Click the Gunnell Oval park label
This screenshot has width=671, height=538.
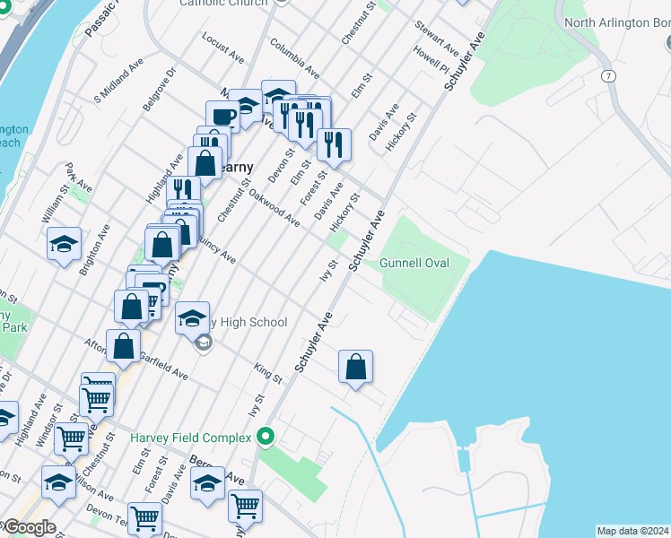click(413, 263)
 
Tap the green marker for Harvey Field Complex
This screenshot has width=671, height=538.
click(265, 438)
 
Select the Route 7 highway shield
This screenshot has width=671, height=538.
click(609, 76)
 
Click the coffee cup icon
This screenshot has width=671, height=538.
click(222, 117)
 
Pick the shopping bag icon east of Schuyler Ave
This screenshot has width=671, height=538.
click(356, 366)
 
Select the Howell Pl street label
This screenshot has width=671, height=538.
click(431, 62)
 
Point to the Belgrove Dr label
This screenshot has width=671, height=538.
click(159, 88)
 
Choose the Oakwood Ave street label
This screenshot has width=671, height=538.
click(274, 206)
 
